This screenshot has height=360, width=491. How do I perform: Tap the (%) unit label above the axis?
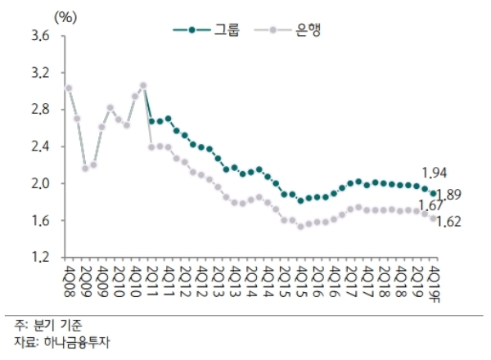[65, 14]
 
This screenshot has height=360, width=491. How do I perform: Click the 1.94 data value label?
[434, 173]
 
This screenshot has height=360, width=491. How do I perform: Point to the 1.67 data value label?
[431, 205]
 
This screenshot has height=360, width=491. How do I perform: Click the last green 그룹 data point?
[434, 193]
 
